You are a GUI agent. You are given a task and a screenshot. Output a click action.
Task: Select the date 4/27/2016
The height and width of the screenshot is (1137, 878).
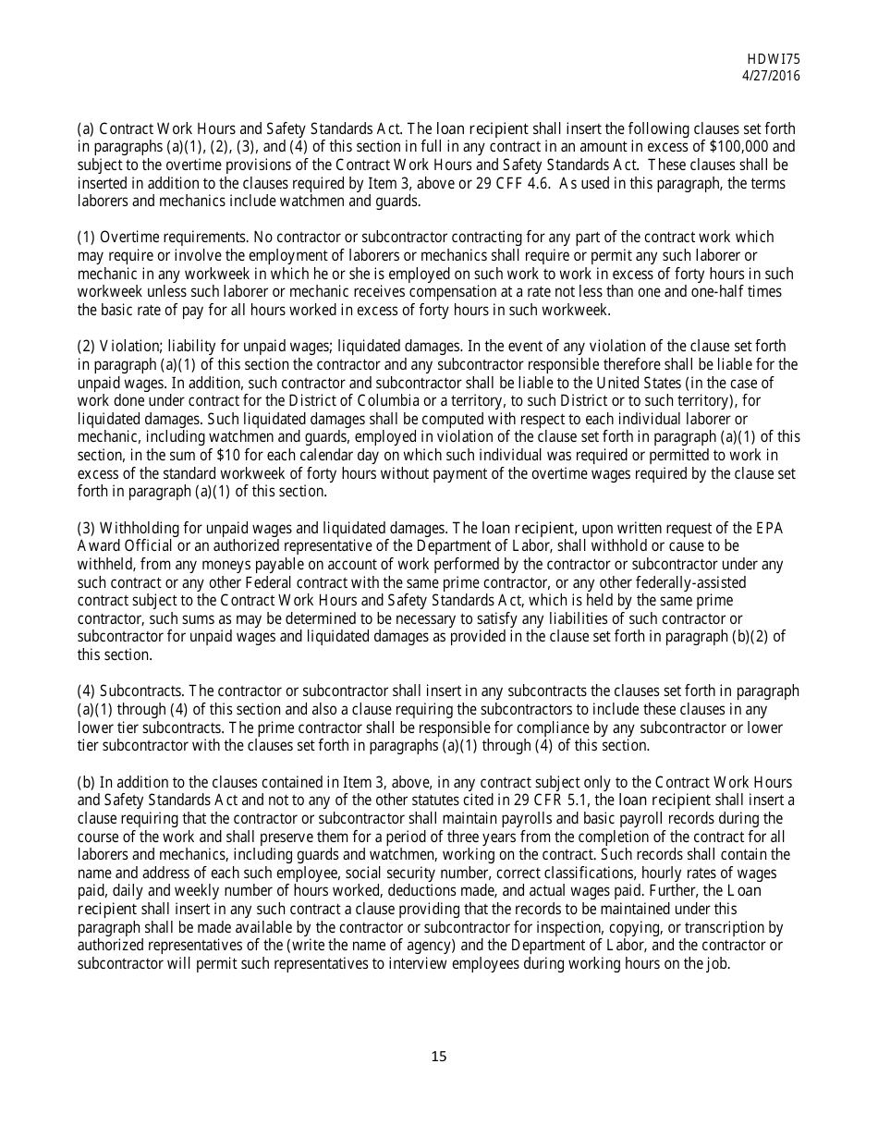pos(772,76)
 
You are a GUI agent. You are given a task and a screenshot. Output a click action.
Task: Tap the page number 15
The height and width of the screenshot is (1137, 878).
pos(438,1057)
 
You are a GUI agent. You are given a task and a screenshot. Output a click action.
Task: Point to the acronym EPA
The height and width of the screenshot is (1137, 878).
pos(770,529)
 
